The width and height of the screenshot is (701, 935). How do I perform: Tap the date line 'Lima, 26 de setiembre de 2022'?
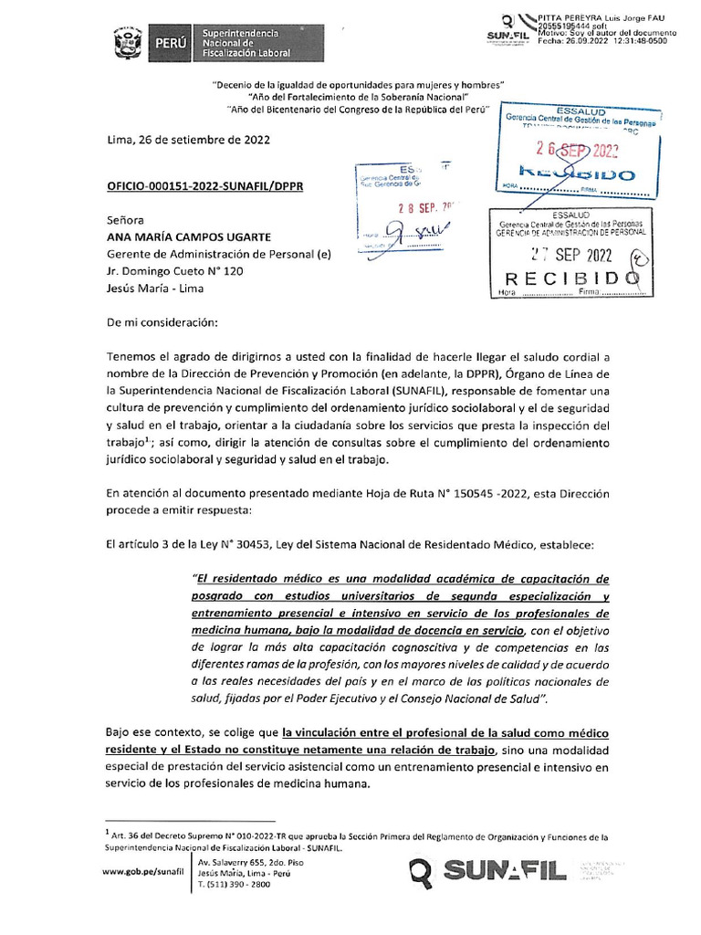[x=188, y=141]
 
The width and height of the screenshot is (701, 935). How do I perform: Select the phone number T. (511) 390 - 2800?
[x=234, y=884]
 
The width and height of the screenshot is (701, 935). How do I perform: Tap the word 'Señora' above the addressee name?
[x=128, y=220]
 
